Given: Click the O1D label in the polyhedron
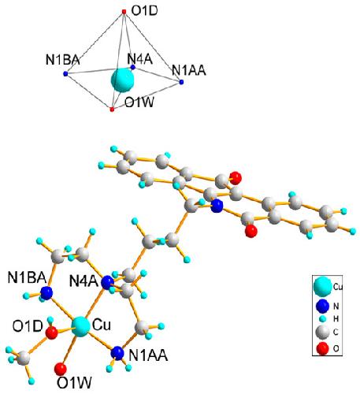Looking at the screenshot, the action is [144, 11].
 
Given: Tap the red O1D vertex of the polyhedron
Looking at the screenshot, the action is [124, 12].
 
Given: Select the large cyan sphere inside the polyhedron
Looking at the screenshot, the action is [123, 80].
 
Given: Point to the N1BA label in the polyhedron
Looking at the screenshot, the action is [63, 60].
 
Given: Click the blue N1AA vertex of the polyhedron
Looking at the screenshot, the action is [181, 82].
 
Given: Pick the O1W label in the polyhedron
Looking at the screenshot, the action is [139, 102].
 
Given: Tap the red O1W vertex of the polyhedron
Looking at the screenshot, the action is [112, 110].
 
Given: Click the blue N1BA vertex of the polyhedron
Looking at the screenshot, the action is [65, 74].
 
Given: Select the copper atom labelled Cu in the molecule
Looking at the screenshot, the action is [80, 327].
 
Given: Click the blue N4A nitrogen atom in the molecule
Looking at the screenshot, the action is [108, 283].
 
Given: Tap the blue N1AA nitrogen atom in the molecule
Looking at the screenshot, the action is [117, 353].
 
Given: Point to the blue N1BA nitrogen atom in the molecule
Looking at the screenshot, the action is [46, 293].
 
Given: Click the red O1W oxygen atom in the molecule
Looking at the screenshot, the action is [61, 369].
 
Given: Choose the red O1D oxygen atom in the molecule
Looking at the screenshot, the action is [51, 333].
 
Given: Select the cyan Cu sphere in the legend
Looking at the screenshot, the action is [323, 287].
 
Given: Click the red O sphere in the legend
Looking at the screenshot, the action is [323, 349].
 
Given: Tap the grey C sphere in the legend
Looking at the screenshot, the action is [323, 332].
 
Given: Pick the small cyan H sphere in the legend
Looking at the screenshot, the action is [323, 319].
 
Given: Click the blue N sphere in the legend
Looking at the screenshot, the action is [323, 306].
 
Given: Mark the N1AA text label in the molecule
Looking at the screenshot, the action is [148, 356].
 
